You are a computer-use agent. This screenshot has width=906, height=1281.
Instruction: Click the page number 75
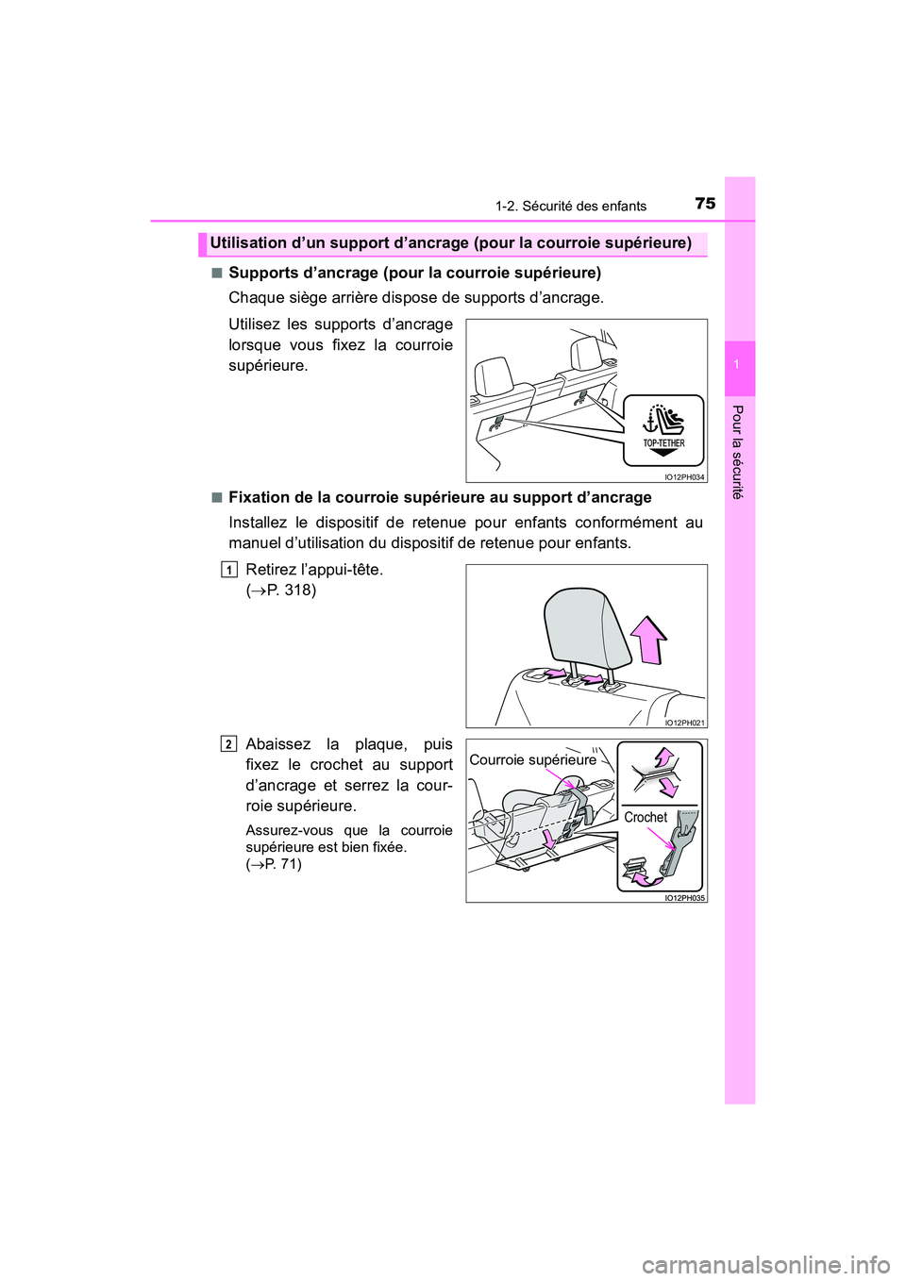tap(705, 203)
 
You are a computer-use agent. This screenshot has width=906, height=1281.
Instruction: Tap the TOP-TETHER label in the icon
tap(663, 442)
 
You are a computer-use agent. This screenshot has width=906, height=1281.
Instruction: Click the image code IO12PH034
tap(684, 477)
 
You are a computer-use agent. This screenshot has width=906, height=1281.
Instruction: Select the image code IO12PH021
tap(684, 723)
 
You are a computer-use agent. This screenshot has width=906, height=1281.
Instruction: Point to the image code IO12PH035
tap(684, 898)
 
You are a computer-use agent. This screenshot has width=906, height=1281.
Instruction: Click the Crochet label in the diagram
tap(646, 817)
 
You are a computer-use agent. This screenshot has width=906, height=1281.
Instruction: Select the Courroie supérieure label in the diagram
tap(533, 759)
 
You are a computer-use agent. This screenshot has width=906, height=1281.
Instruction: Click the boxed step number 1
tap(229, 570)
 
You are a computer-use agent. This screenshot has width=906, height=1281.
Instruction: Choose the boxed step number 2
tap(229, 744)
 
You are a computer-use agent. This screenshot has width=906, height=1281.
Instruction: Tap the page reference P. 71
tap(283, 864)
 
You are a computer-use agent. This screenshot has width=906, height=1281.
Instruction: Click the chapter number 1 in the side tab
tap(740, 364)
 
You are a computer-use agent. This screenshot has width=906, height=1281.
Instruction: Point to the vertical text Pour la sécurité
tap(739, 452)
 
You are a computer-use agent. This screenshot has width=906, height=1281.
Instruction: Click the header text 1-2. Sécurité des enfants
tap(571, 206)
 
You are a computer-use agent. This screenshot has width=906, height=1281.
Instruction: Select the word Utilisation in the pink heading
tap(248, 242)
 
